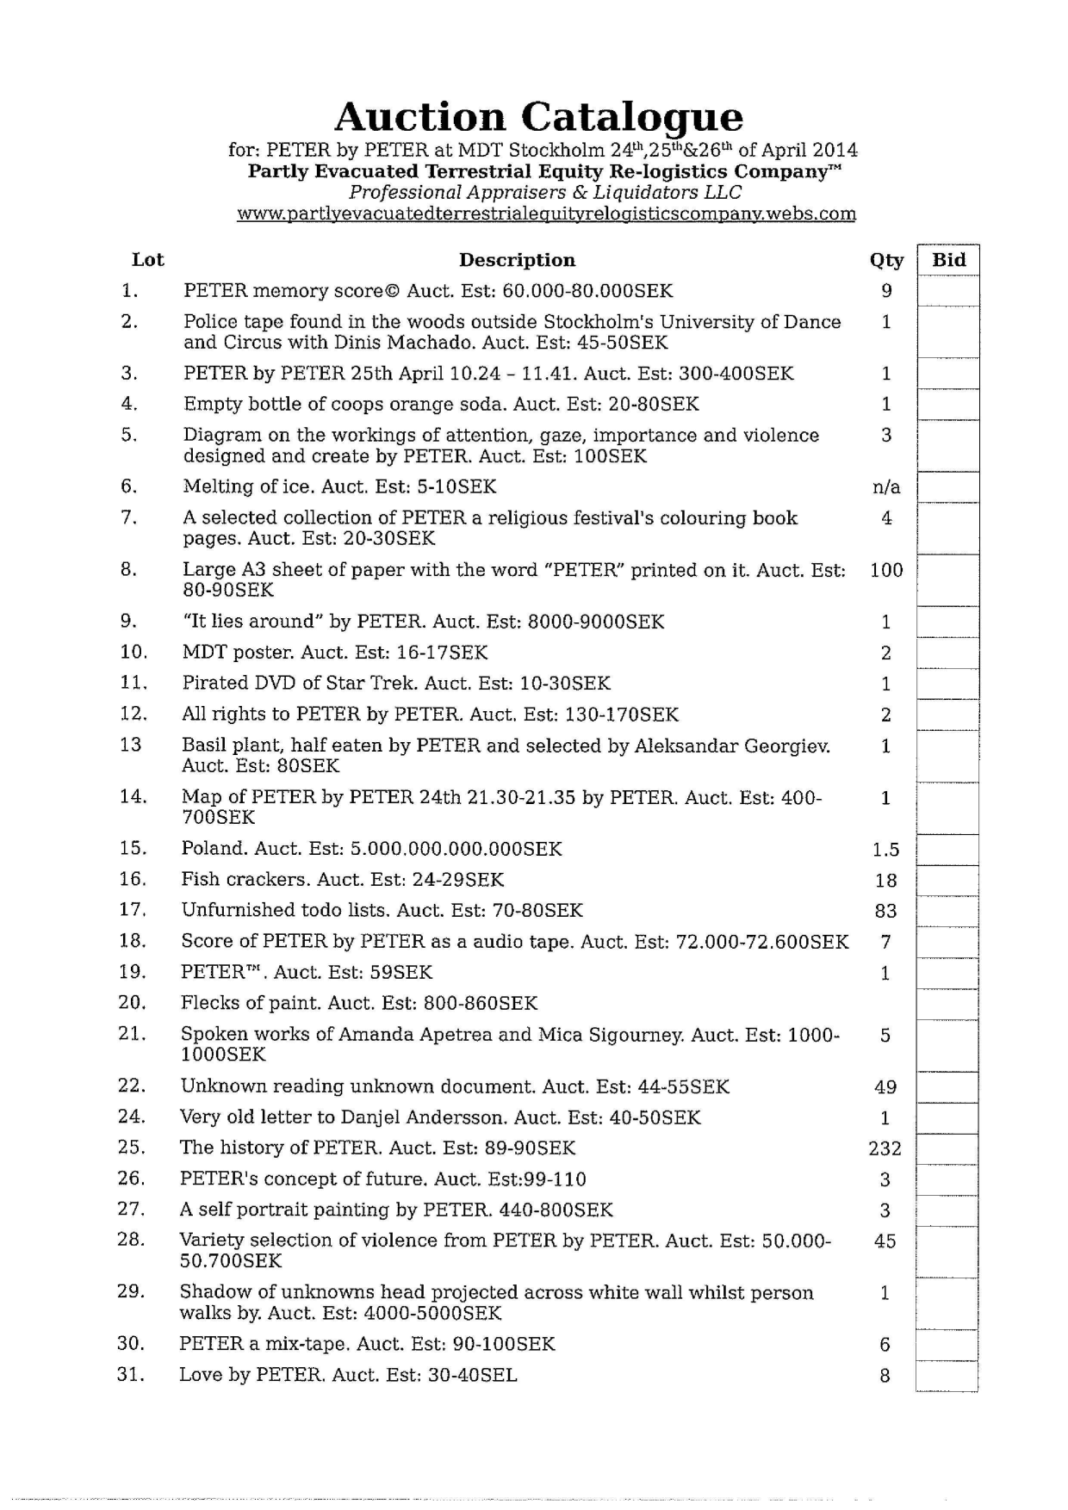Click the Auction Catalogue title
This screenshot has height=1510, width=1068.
coord(538,117)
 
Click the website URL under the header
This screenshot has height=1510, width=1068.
coord(546,214)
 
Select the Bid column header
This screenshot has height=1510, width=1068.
coord(948,259)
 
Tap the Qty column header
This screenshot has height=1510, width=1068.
coord(886,260)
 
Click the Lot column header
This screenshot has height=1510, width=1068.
coord(147,260)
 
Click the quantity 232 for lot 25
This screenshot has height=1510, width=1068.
coord(885,1148)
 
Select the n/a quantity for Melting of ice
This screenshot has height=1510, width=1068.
coord(886,487)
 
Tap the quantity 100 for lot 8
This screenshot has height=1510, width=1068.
coord(886,570)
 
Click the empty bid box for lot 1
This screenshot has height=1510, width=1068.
coord(947,291)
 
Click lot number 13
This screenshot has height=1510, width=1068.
coord(131,745)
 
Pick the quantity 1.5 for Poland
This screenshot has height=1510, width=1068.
coord(885,850)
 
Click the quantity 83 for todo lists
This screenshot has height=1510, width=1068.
coord(885,911)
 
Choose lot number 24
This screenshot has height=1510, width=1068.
coord(130,1117)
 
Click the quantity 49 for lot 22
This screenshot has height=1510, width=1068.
coord(885,1087)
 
